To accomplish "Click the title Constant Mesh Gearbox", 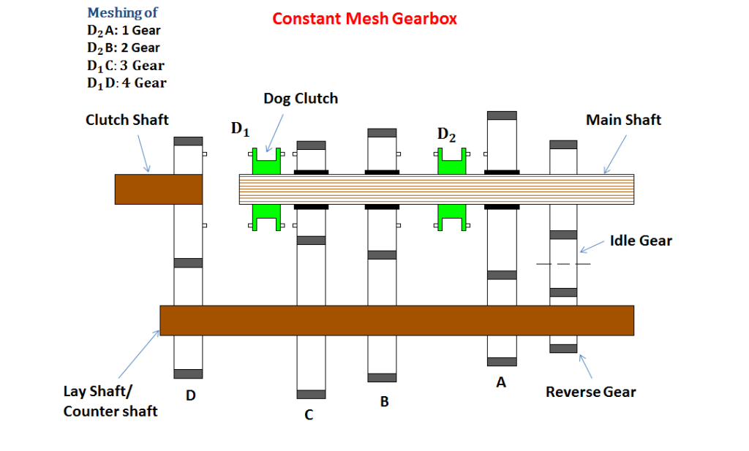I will point(364,19).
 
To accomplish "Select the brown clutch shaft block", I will point(158,189).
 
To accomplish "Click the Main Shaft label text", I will point(623,119).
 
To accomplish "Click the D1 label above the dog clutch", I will point(241,130).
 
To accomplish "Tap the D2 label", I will point(446,135).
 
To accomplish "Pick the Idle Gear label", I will point(641,240).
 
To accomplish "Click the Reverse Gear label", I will point(591,392).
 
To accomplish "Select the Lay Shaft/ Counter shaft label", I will point(110,401).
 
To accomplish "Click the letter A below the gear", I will point(501,382).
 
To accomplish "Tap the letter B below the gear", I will point(384,401).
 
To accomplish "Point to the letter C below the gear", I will point(309,415).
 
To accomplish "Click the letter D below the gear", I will point(190,395).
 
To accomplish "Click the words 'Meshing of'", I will point(122,13).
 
